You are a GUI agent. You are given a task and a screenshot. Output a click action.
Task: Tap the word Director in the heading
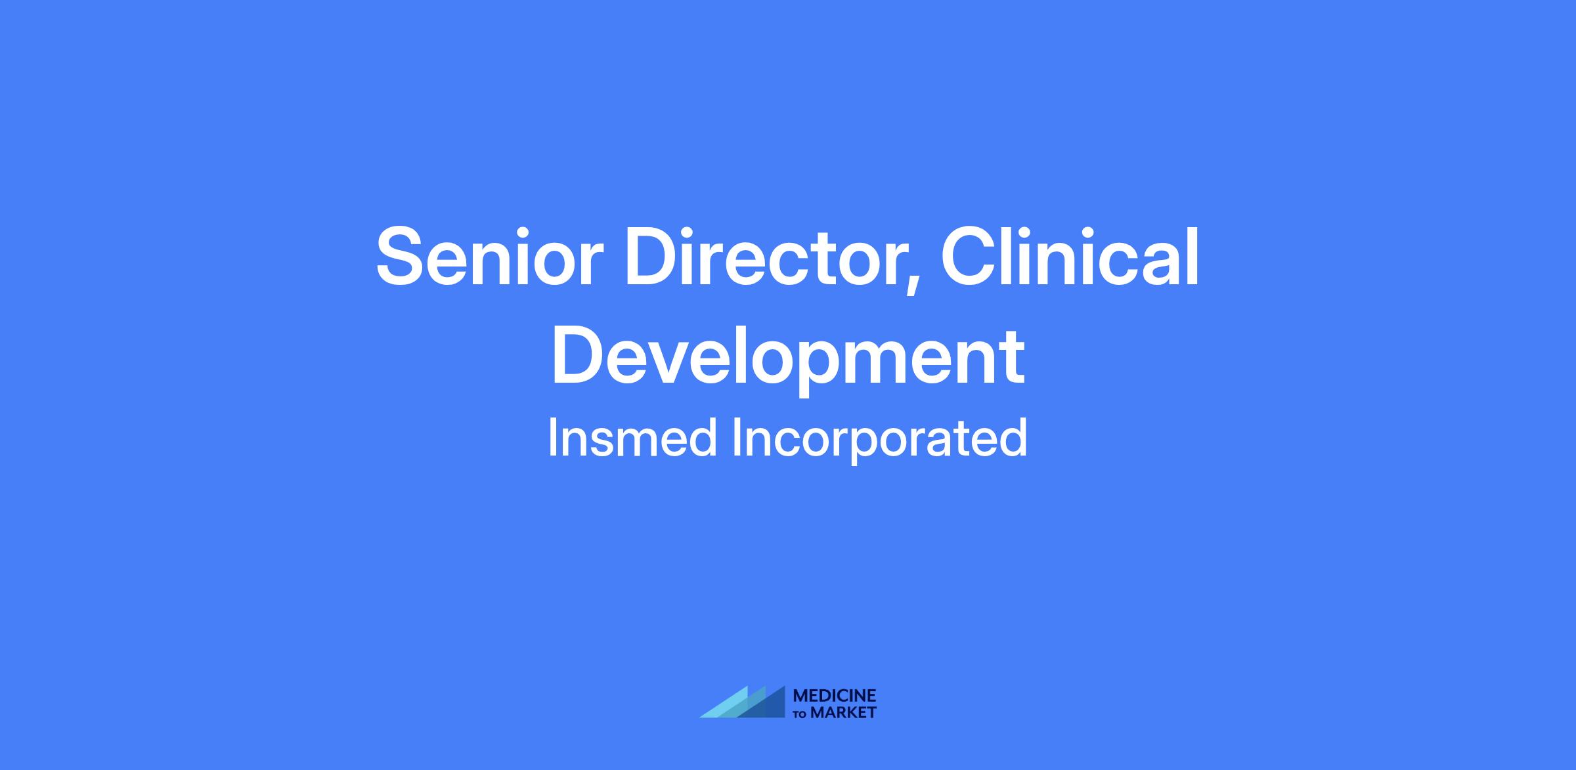pyautogui.click(x=764, y=257)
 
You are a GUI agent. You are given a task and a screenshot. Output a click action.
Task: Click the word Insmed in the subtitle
pyautogui.click(x=632, y=438)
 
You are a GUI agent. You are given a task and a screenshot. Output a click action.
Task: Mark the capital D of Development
pyautogui.click(x=579, y=354)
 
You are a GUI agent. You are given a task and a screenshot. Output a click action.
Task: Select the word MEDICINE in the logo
pyautogui.click(x=835, y=696)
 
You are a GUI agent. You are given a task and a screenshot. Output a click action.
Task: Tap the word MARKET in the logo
pyautogui.click(x=843, y=712)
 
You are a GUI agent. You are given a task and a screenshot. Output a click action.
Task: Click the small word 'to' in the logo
pyautogui.click(x=801, y=714)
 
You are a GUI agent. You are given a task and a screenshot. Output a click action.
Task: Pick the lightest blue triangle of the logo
pyautogui.click(x=723, y=702)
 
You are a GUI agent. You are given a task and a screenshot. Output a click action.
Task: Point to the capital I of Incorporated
pyautogui.click(x=737, y=438)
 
